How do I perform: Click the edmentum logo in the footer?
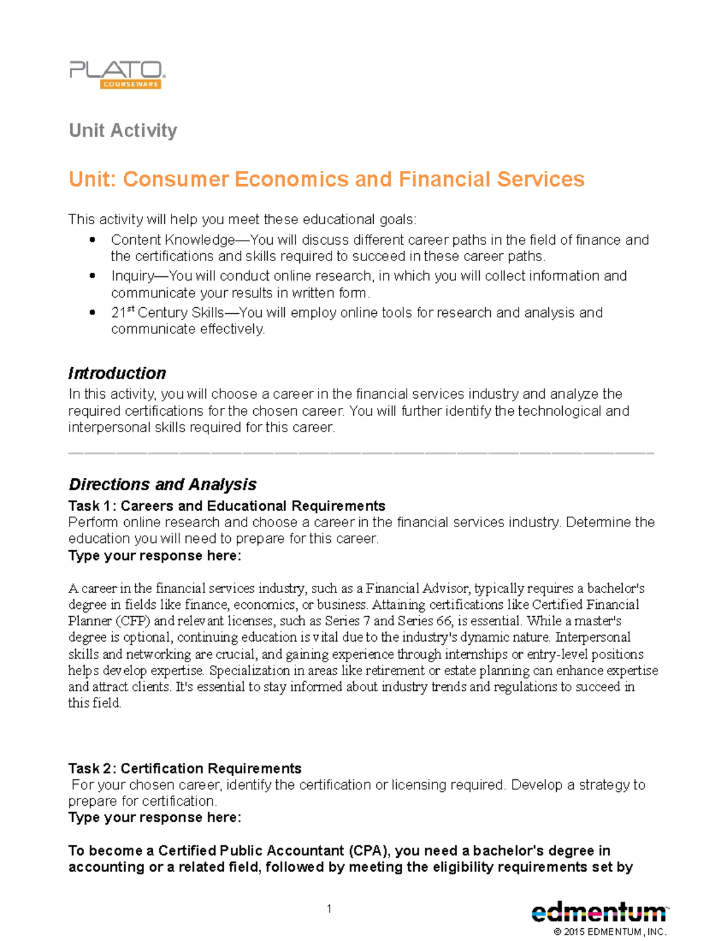click(x=599, y=913)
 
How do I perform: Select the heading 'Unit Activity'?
click(x=123, y=130)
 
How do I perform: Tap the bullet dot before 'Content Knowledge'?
click(x=92, y=240)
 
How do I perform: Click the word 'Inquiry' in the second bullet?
click(x=132, y=276)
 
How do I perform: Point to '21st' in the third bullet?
click(x=122, y=313)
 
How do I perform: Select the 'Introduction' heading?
click(x=117, y=373)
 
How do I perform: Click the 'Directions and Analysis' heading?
click(x=162, y=485)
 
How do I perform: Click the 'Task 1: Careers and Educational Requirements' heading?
click(x=227, y=506)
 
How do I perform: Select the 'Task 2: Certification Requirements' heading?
click(x=185, y=768)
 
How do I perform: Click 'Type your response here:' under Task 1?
click(x=154, y=556)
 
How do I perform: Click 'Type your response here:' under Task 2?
click(x=154, y=817)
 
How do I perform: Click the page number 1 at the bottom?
click(x=329, y=908)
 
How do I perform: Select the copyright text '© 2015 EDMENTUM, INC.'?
click(x=609, y=932)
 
